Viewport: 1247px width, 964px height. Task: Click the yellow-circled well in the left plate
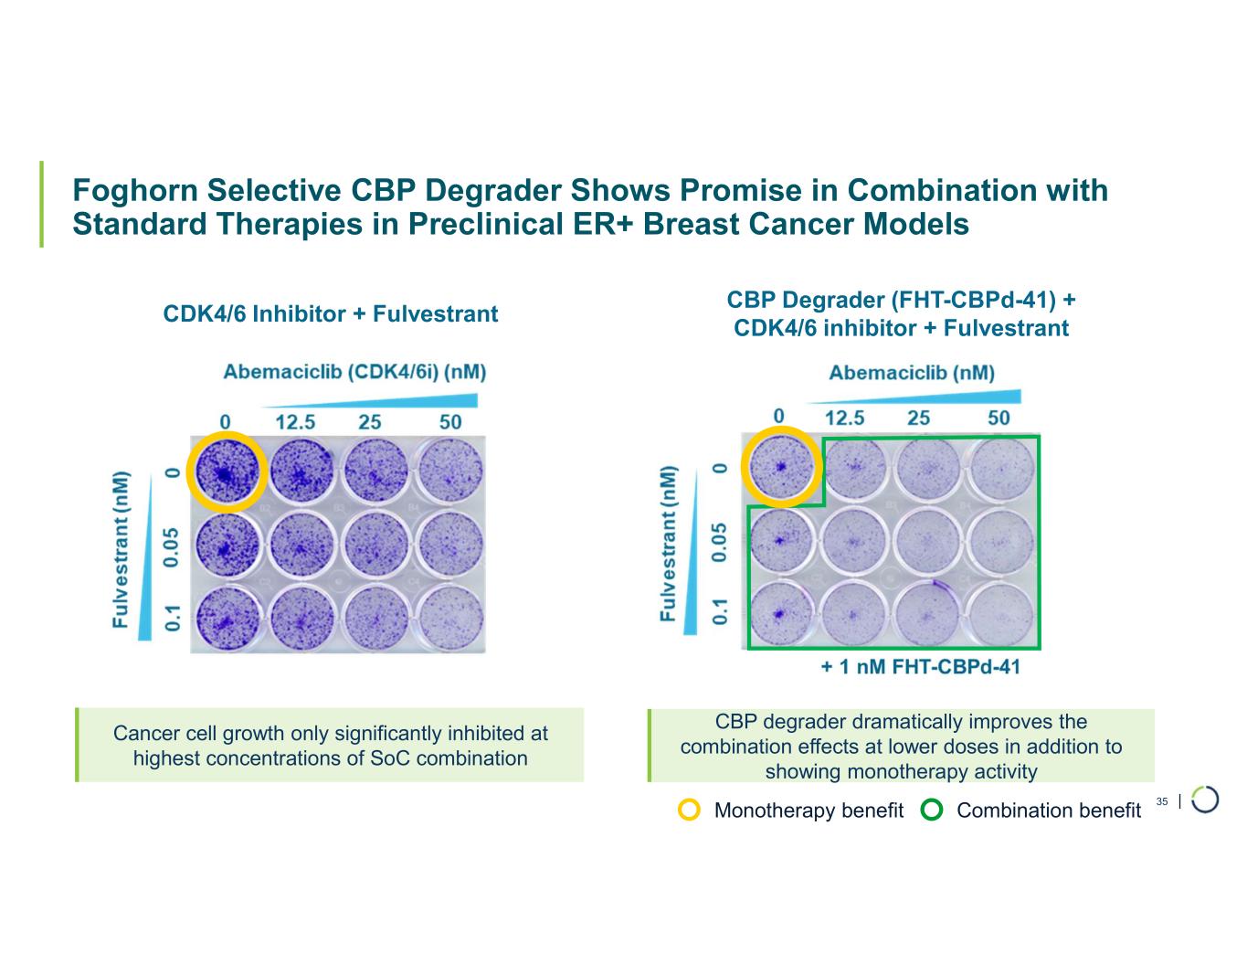point(227,471)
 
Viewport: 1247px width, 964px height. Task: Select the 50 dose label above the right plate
point(999,418)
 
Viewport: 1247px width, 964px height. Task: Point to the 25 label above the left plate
point(370,422)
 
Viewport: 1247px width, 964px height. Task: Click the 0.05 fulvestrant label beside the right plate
point(721,542)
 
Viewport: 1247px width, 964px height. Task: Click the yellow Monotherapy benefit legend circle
point(691,810)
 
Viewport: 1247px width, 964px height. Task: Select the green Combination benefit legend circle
point(933,810)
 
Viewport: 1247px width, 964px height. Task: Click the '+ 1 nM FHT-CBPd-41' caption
point(920,666)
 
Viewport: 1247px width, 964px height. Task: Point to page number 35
point(1162,801)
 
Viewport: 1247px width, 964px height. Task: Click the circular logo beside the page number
point(1205,799)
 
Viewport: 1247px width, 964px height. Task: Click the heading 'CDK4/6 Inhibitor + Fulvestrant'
point(330,314)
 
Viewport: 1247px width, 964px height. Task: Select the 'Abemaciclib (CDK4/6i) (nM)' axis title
point(354,372)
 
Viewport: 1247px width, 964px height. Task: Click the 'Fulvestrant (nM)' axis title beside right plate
point(670,544)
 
